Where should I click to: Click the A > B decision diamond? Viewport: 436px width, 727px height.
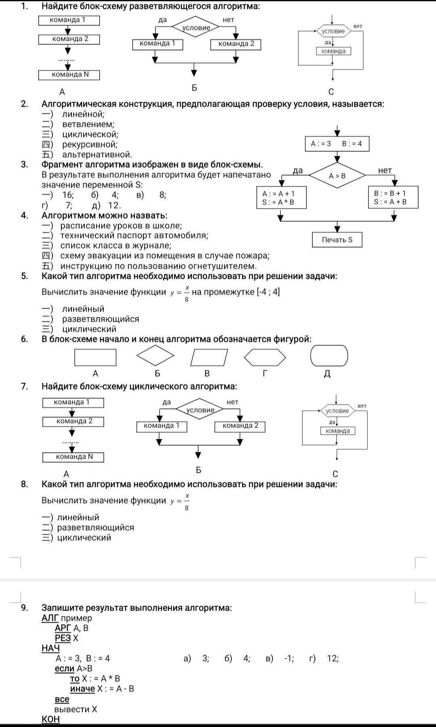click(x=337, y=175)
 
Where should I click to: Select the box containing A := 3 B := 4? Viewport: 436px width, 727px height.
click(x=337, y=144)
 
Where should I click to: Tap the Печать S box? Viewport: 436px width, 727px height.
click(x=337, y=240)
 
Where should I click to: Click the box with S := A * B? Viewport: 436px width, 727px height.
click(x=282, y=198)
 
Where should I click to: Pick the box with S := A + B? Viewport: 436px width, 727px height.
click(x=393, y=198)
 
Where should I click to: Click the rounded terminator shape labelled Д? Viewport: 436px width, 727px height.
click(x=329, y=356)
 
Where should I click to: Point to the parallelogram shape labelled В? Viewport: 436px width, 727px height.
click(x=209, y=357)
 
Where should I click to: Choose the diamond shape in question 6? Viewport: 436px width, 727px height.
click(x=155, y=356)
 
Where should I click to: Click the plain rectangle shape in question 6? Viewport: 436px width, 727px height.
click(x=95, y=357)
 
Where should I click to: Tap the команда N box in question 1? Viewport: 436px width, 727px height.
click(x=69, y=75)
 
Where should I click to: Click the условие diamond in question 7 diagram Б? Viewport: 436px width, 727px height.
click(x=200, y=409)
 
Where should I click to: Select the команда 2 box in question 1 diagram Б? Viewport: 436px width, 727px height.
click(x=236, y=44)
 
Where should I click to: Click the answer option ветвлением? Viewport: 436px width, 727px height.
click(x=88, y=124)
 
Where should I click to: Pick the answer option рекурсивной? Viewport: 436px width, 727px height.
click(x=90, y=144)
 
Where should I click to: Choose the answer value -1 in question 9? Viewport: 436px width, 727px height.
click(x=288, y=658)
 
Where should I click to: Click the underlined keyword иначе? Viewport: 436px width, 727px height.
click(x=82, y=689)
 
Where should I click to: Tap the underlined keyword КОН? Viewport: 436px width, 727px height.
click(x=50, y=719)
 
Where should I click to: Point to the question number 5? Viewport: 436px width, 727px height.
click(x=25, y=276)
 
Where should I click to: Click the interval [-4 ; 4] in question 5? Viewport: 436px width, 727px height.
click(x=268, y=292)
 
